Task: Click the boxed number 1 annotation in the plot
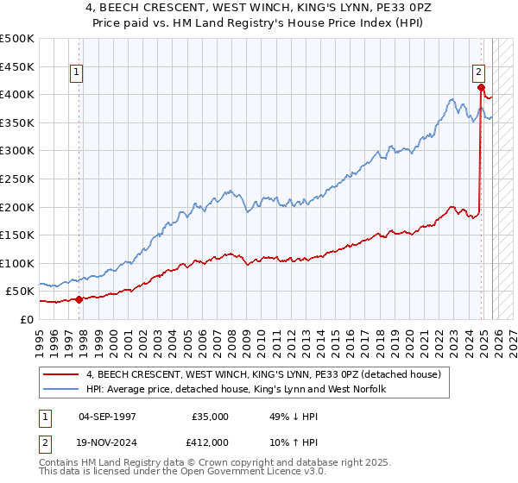coord(78,73)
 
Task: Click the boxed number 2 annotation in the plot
coord(478,73)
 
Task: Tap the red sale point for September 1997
coord(79,300)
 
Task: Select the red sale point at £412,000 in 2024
coord(481,87)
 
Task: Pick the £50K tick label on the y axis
coord(20,292)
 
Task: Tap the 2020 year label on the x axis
coord(404,337)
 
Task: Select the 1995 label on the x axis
coord(40,337)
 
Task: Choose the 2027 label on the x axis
coord(507,337)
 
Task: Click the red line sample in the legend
coord(61,374)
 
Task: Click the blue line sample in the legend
coord(61,390)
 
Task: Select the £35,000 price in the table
coord(210,417)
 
